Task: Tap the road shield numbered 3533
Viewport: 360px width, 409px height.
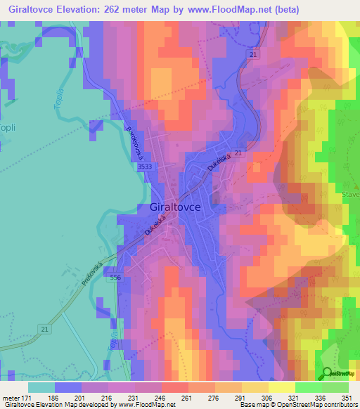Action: click(146, 167)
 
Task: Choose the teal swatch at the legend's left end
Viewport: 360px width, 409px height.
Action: click(41, 387)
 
